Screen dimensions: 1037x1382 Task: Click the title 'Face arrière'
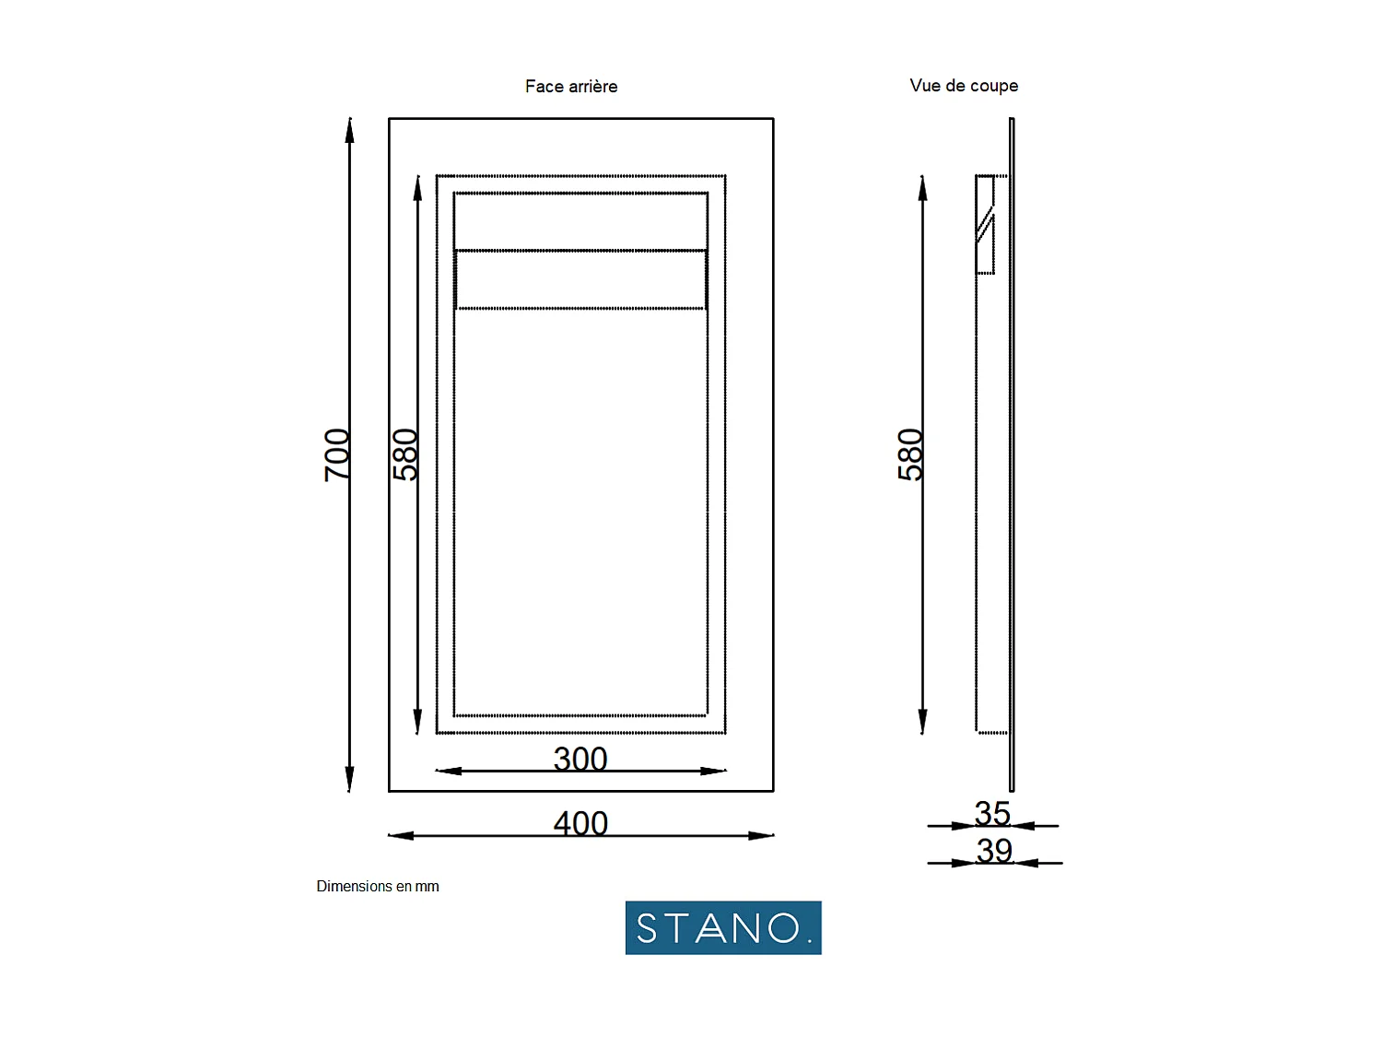coord(571,87)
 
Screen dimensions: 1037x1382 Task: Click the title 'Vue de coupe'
coord(964,86)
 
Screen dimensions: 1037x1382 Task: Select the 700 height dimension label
coord(337,454)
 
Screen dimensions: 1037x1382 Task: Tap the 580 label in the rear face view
coord(405,454)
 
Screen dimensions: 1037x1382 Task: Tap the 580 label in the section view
coord(910,454)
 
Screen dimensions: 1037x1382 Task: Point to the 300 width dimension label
coord(580,759)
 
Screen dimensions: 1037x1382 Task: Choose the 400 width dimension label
coord(580,823)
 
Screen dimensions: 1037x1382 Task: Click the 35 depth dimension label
coord(992,813)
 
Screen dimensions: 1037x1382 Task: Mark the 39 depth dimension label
coord(994,850)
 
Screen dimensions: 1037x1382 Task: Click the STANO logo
coord(723,927)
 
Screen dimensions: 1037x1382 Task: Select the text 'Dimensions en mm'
coord(378,887)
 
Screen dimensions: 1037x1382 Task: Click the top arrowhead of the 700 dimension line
coord(349,130)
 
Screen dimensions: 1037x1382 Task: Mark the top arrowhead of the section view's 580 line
coord(922,187)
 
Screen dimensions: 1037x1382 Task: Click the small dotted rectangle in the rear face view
coord(580,279)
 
